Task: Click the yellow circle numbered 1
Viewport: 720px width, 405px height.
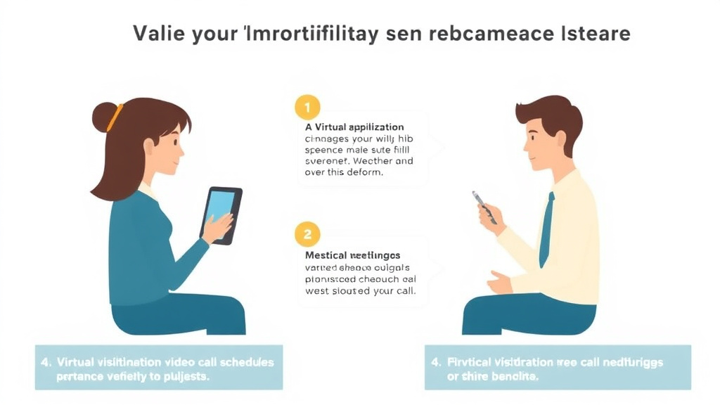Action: [x=307, y=108]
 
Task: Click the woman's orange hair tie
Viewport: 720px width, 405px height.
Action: [x=115, y=117]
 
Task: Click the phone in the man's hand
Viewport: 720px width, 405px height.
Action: [x=484, y=207]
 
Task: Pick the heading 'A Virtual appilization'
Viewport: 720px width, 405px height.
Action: [x=354, y=127]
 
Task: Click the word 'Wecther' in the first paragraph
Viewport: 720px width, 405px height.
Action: [x=374, y=161]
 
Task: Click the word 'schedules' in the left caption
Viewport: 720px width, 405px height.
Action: [x=246, y=362]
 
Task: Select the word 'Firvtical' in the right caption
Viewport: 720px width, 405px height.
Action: [x=472, y=362]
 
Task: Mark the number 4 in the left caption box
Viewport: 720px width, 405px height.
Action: [x=46, y=362]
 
